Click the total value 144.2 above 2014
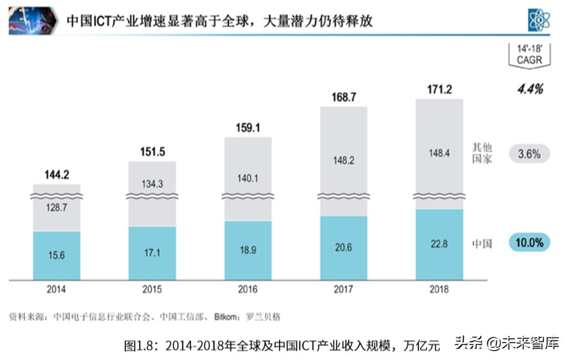point(57,175)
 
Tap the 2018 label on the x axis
point(439,290)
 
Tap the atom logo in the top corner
point(540,20)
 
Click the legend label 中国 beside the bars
point(482,244)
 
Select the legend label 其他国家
point(482,153)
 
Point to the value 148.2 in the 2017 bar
point(343,159)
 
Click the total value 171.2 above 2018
point(439,89)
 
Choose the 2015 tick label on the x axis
point(152,290)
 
